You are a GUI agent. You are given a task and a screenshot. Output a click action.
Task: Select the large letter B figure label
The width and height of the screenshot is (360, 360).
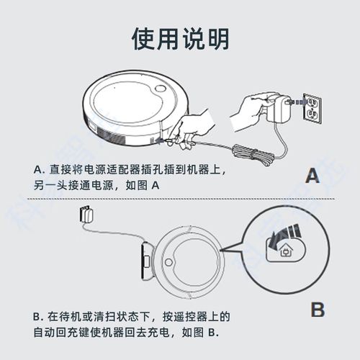click(317, 310)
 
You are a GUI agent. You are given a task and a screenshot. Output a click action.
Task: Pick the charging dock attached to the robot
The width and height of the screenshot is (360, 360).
click(145, 259)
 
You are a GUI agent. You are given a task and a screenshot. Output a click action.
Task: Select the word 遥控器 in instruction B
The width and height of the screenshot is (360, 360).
click(196, 317)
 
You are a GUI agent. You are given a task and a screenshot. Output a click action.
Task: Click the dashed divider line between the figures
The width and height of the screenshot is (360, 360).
click(180, 199)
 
